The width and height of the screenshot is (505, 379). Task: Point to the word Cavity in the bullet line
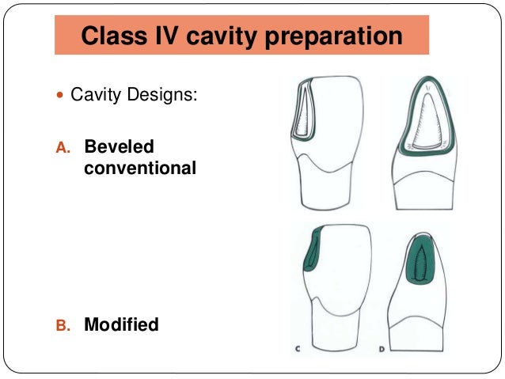point(94,97)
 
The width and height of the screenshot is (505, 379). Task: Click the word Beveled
point(120,146)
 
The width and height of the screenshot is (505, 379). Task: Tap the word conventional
point(139,167)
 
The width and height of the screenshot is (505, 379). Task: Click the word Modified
point(121,324)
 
